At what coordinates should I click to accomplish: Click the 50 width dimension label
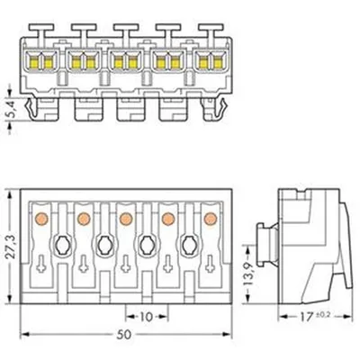click(x=124, y=334)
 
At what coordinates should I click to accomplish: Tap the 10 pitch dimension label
click(x=147, y=317)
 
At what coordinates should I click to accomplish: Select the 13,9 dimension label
click(x=248, y=274)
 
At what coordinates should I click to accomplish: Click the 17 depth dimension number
click(x=306, y=317)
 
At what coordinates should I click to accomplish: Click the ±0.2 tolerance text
click(x=322, y=315)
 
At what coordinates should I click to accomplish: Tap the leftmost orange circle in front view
click(x=41, y=218)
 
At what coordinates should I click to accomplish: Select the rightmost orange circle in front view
click(x=211, y=218)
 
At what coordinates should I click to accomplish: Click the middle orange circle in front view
click(x=126, y=218)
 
